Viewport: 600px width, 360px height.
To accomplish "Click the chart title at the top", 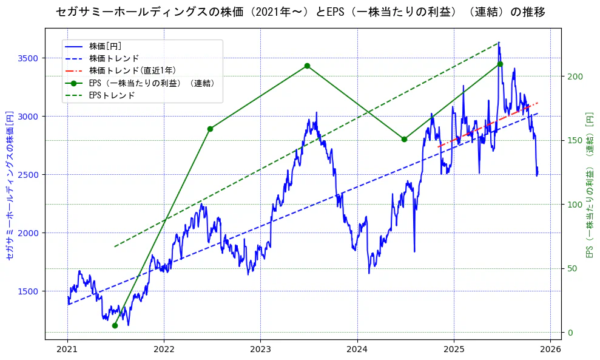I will (300, 12).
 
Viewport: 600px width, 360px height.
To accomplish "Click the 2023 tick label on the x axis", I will (260, 350).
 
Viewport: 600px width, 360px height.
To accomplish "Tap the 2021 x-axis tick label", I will (67, 350).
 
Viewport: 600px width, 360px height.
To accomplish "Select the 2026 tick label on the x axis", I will (550, 350).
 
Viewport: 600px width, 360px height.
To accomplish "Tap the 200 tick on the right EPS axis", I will (575, 76).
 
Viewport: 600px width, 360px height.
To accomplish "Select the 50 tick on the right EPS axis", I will (572, 268).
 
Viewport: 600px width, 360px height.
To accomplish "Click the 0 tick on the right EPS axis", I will (570, 332).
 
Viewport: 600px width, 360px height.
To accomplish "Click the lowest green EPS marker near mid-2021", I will (115, 325).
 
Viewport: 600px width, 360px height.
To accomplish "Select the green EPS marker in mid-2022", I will (210, 129).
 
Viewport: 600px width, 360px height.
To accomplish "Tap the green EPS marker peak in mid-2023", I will (307, 66).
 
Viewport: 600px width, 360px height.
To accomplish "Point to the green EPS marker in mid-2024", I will (404, 139).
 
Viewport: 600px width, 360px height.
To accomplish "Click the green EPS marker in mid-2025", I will (500, 64).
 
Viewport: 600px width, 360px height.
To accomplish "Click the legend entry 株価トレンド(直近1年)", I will (132, 70).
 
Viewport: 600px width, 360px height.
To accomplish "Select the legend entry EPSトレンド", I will (112, 95).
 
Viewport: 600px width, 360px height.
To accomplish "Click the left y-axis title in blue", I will (10, 185).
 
